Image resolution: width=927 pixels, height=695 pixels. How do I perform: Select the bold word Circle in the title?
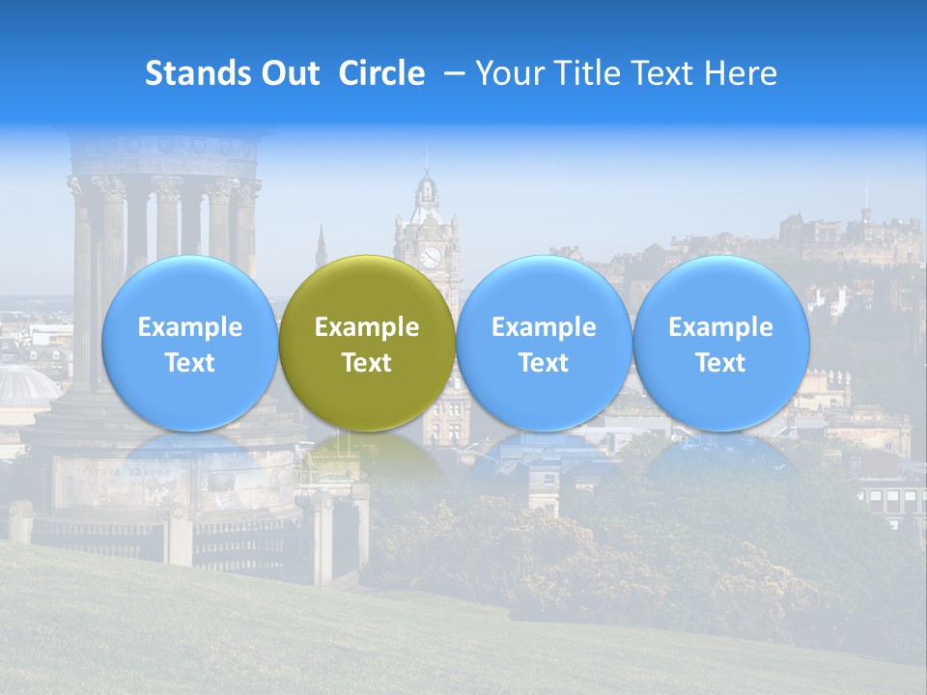click(381, 73)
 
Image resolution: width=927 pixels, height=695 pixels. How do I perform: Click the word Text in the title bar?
click(659, 73)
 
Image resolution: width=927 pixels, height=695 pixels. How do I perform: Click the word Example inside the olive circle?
click(367, 327)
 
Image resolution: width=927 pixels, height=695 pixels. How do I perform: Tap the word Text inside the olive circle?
click(367, 363)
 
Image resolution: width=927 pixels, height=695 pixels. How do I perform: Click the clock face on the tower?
click(430, 257)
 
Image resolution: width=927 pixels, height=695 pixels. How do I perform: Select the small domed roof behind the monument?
click(26, 386)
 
